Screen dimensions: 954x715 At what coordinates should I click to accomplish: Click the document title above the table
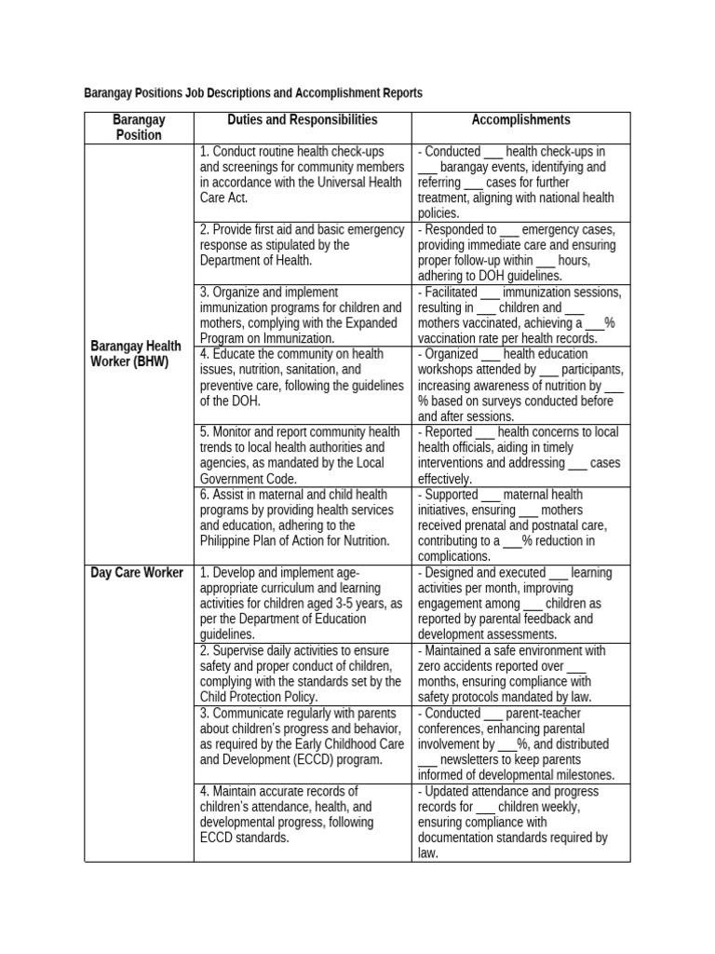(x=252, y=93)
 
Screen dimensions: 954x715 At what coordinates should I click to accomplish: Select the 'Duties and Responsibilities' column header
(x=303, y=120)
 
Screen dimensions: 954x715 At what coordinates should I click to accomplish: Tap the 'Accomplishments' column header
(x=521, y=120)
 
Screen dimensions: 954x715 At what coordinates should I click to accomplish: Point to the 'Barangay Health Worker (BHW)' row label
(x=139, y=354)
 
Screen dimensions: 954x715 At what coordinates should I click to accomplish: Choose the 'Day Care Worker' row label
(x=139, y=572)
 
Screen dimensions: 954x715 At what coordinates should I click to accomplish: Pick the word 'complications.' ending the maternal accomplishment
(x=455, y=557)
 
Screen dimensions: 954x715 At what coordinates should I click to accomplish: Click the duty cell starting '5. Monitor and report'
(x=303, y=456)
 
